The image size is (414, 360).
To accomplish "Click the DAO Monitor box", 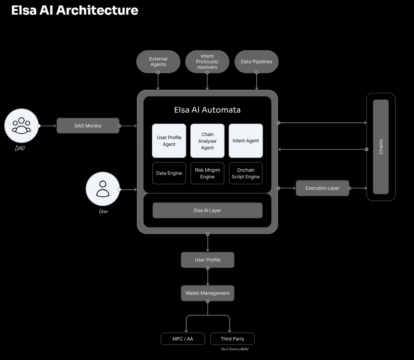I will pos(88,126).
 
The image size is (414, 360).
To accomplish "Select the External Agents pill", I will pos(158,62).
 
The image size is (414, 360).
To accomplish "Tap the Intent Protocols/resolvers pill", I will pos(207,62).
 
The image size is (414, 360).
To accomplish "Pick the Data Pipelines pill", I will pos(256,62).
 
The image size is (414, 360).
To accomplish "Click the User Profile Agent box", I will pos(169,141).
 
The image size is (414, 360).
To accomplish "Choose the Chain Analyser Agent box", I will pos(207,141).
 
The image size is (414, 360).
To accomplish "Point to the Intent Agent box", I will pos(246,141).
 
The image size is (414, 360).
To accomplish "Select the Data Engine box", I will pos(169,173).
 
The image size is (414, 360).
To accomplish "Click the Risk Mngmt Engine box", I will pos(207,173).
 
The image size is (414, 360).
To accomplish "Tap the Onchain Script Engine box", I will pos(246,173).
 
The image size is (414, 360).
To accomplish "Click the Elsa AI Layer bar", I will pos(207,210).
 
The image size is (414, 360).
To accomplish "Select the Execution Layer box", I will pos(322,188).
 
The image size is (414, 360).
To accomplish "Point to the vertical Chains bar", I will pos(381,147).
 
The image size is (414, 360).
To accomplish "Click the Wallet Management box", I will pos(207,293).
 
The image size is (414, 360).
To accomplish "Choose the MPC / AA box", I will pos(183,339).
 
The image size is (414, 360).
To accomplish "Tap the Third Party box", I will pos(232,339).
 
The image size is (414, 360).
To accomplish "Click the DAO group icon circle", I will pos(21,126).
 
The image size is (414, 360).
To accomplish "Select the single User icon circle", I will pos(103,189).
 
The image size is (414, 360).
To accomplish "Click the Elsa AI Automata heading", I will pos(207,110).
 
